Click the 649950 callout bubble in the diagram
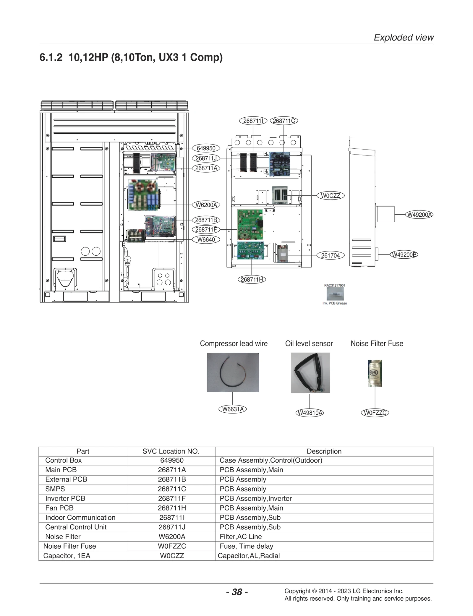[x=206, y=148]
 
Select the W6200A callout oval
[x=206, y=205]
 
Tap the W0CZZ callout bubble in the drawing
[x=330, y=196]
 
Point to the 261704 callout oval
[x=330, y=255]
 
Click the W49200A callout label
[x=419, y=215]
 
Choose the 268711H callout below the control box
[x=252, y=279]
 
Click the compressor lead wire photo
[x=233, y=372]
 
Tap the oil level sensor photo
[x=310, y=373]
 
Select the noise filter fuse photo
[x=375, y=373]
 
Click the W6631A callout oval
[x=233, y=409]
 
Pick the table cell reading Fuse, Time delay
[x=246, y=546]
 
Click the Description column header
[x=324, y=451]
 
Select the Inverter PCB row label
[x=65, y=498]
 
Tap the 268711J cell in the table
[x=172, y=527]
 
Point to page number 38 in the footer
[x=237, y=592]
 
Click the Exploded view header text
[x=404, y=38]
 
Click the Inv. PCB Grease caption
[x=335, y=303]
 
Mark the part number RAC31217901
[x=335, y=285]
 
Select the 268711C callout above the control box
[x=284, y=121]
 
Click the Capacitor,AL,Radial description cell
[x=249, y=556]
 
